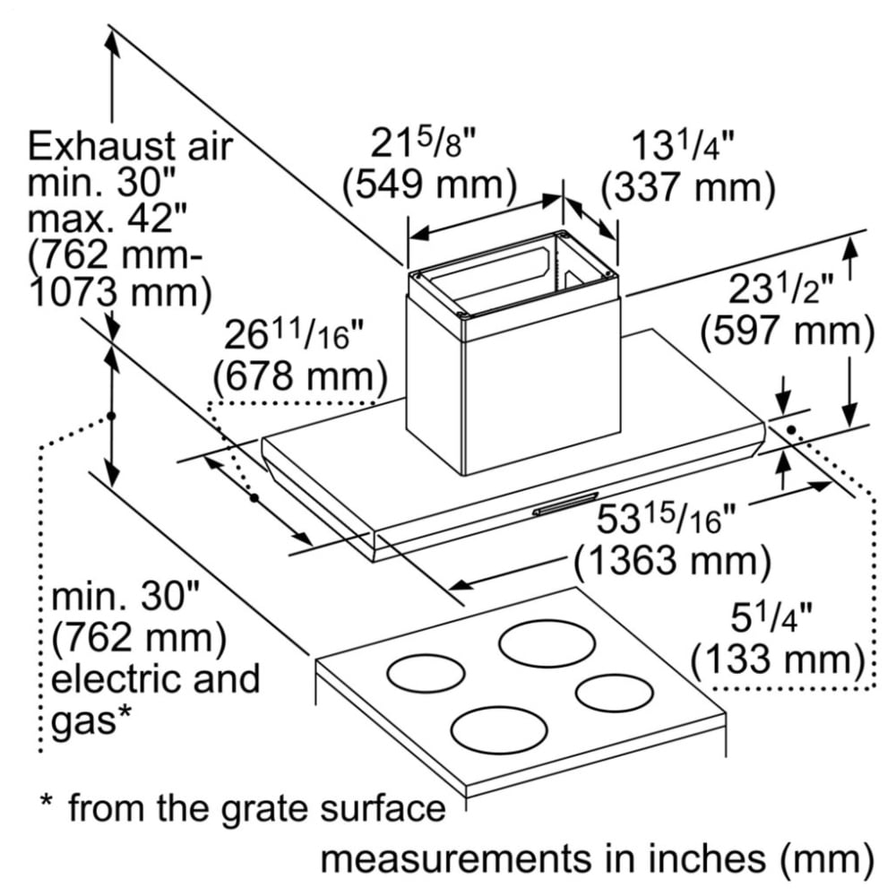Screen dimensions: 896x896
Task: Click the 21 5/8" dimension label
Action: coord(424,143)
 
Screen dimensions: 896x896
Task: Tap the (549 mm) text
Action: coord(429,185)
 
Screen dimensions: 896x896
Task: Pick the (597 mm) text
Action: coord(788,332)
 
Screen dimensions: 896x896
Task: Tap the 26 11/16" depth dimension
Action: coord(294,334)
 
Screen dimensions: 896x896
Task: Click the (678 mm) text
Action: coord(300,376)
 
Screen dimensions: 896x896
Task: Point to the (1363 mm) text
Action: coord(673,560)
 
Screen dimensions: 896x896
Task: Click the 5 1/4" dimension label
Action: coord(771,617)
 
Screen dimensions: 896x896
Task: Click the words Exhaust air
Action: coord(130,146)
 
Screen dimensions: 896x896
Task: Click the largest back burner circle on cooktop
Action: coord(547,642)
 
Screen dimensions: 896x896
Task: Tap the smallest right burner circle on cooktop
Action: coord(615,694)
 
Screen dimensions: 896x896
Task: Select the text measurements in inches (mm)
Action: coord(597,859)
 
